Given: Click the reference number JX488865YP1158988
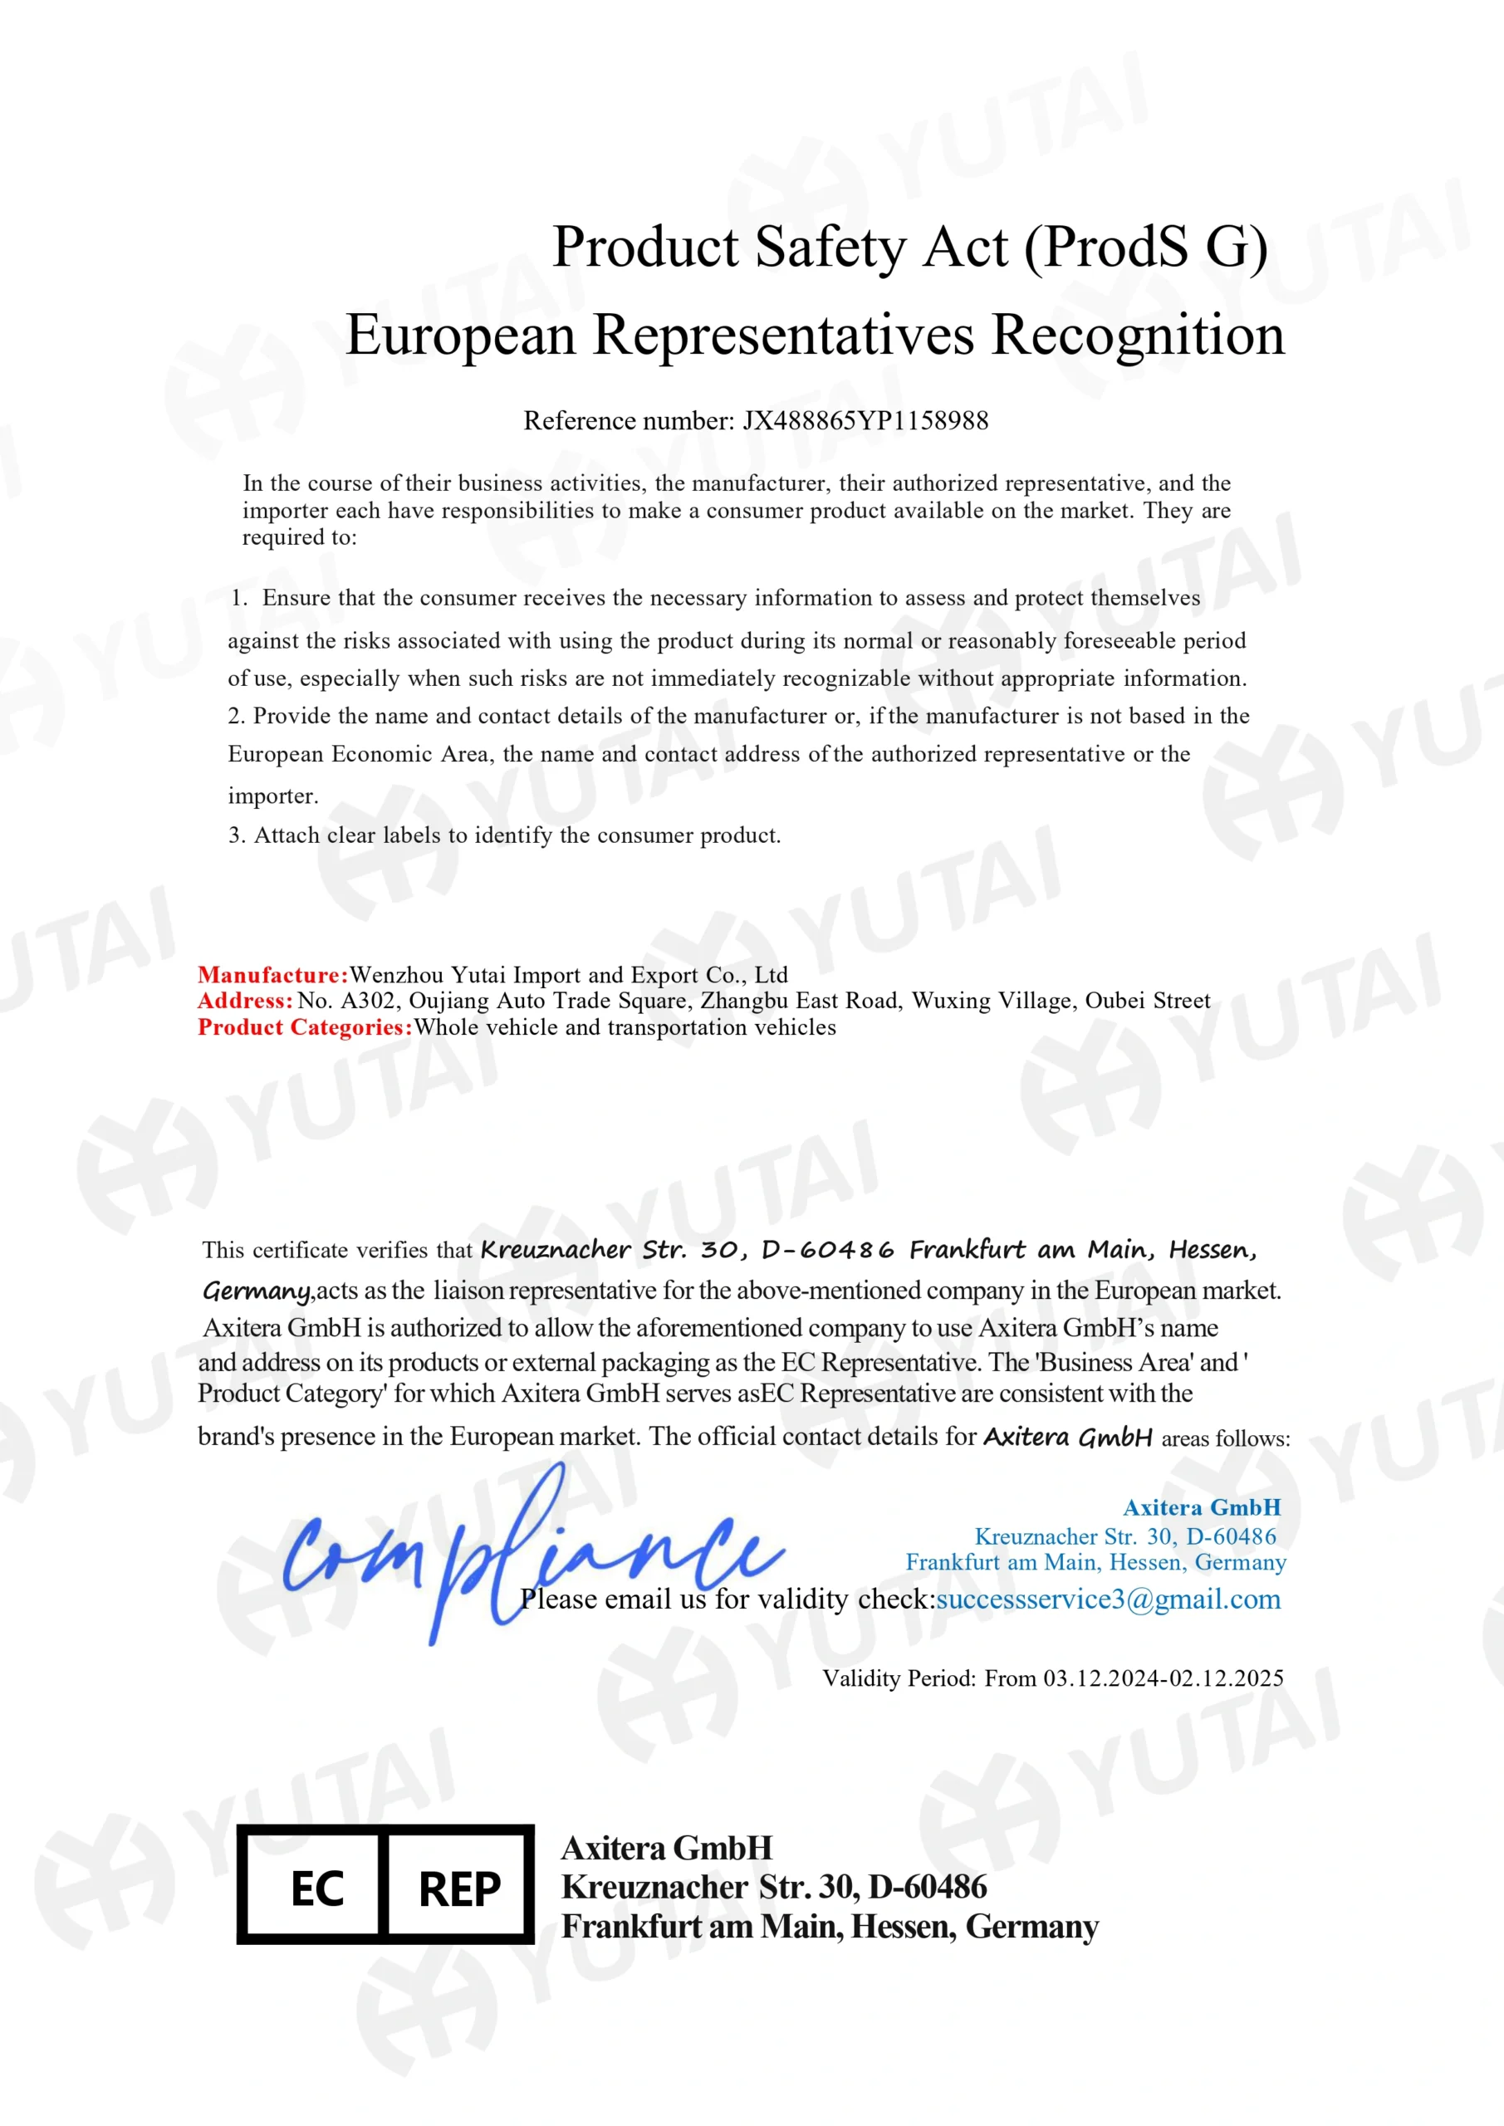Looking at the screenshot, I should [x=865, y=421].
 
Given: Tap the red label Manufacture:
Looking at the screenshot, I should [x=272, y=975].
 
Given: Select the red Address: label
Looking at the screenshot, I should [x=244, y=1001].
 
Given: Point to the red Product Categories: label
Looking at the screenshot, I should [x=305, y=1028].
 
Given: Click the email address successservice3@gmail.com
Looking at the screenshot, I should [x=1108, y=1599].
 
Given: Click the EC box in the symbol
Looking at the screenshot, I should [x=316, y=1889].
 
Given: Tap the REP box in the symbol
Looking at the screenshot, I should [x=459, y=1889].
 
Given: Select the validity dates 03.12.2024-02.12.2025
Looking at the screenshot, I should [x=1164, y=1678].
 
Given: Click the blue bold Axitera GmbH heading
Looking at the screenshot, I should [x=1201, y=1508].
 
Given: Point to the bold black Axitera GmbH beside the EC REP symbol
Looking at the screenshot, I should [x=666, y=1849].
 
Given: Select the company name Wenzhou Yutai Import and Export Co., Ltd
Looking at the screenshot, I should [x=569, y=975].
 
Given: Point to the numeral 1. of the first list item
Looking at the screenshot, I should [x=240, y=598].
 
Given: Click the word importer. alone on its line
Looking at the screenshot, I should [x=273, y=796].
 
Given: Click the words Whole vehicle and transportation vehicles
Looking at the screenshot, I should [x=625, y=1028].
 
